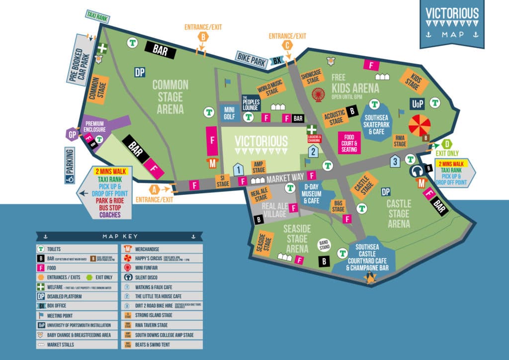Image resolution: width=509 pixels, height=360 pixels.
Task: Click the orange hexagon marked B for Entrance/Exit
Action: (x=203, y=36)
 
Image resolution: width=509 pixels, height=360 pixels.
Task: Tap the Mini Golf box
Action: (x=229, y=113)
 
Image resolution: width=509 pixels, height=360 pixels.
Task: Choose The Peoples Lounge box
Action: (x=251, y=103)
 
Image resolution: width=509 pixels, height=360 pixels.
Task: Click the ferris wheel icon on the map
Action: (x=318, y=94)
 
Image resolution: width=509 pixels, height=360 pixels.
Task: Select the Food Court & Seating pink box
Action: (x=349, y=143)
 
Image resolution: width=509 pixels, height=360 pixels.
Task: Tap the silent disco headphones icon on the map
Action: (x=417, y=172)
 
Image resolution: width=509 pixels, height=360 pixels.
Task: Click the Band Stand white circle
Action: (x=325, y=245)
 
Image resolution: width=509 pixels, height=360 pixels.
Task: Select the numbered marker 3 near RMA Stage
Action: (x=395, y=161)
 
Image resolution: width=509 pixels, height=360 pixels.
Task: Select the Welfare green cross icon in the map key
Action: (x=42, y=287)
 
